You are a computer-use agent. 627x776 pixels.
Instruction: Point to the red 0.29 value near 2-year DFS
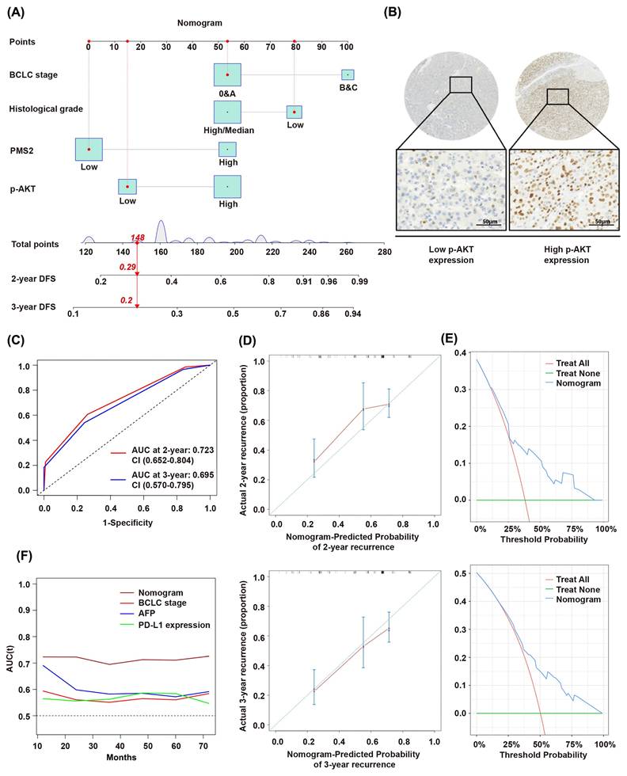(x=127, y=267)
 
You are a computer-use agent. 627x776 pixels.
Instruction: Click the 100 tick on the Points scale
(x=346, y=48)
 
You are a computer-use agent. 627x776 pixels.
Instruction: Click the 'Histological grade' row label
(x=46, y=108)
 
